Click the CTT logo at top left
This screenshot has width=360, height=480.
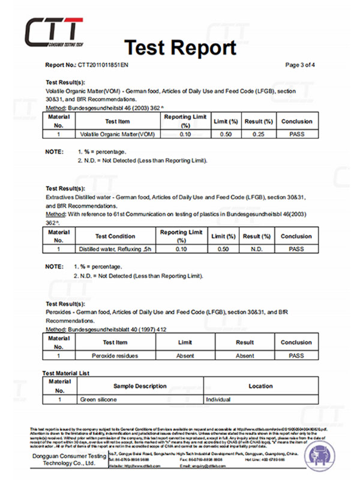[53, 31]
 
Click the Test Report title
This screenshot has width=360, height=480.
[179, 46]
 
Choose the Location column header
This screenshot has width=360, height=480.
[260, 386]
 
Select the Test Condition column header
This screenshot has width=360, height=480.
[115, 236]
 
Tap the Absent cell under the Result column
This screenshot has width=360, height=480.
[244, 355]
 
